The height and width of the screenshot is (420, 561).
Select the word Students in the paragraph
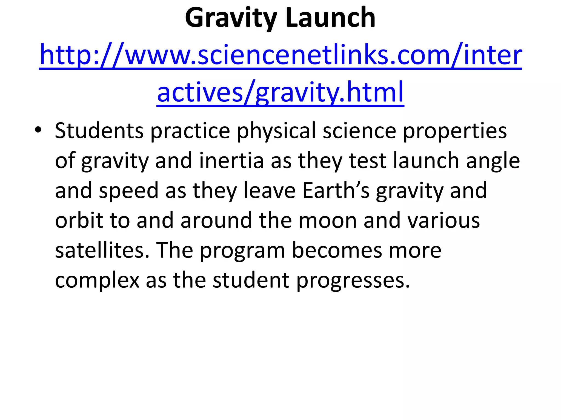(x=99, y=131)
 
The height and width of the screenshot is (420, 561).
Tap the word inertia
(x=231, y=161)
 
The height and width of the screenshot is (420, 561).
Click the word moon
(x=328, y=221)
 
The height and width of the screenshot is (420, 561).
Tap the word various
(x=444, y=221)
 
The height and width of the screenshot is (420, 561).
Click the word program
(x=243, y=251)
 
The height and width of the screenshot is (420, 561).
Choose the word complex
(x=97, y=281)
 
